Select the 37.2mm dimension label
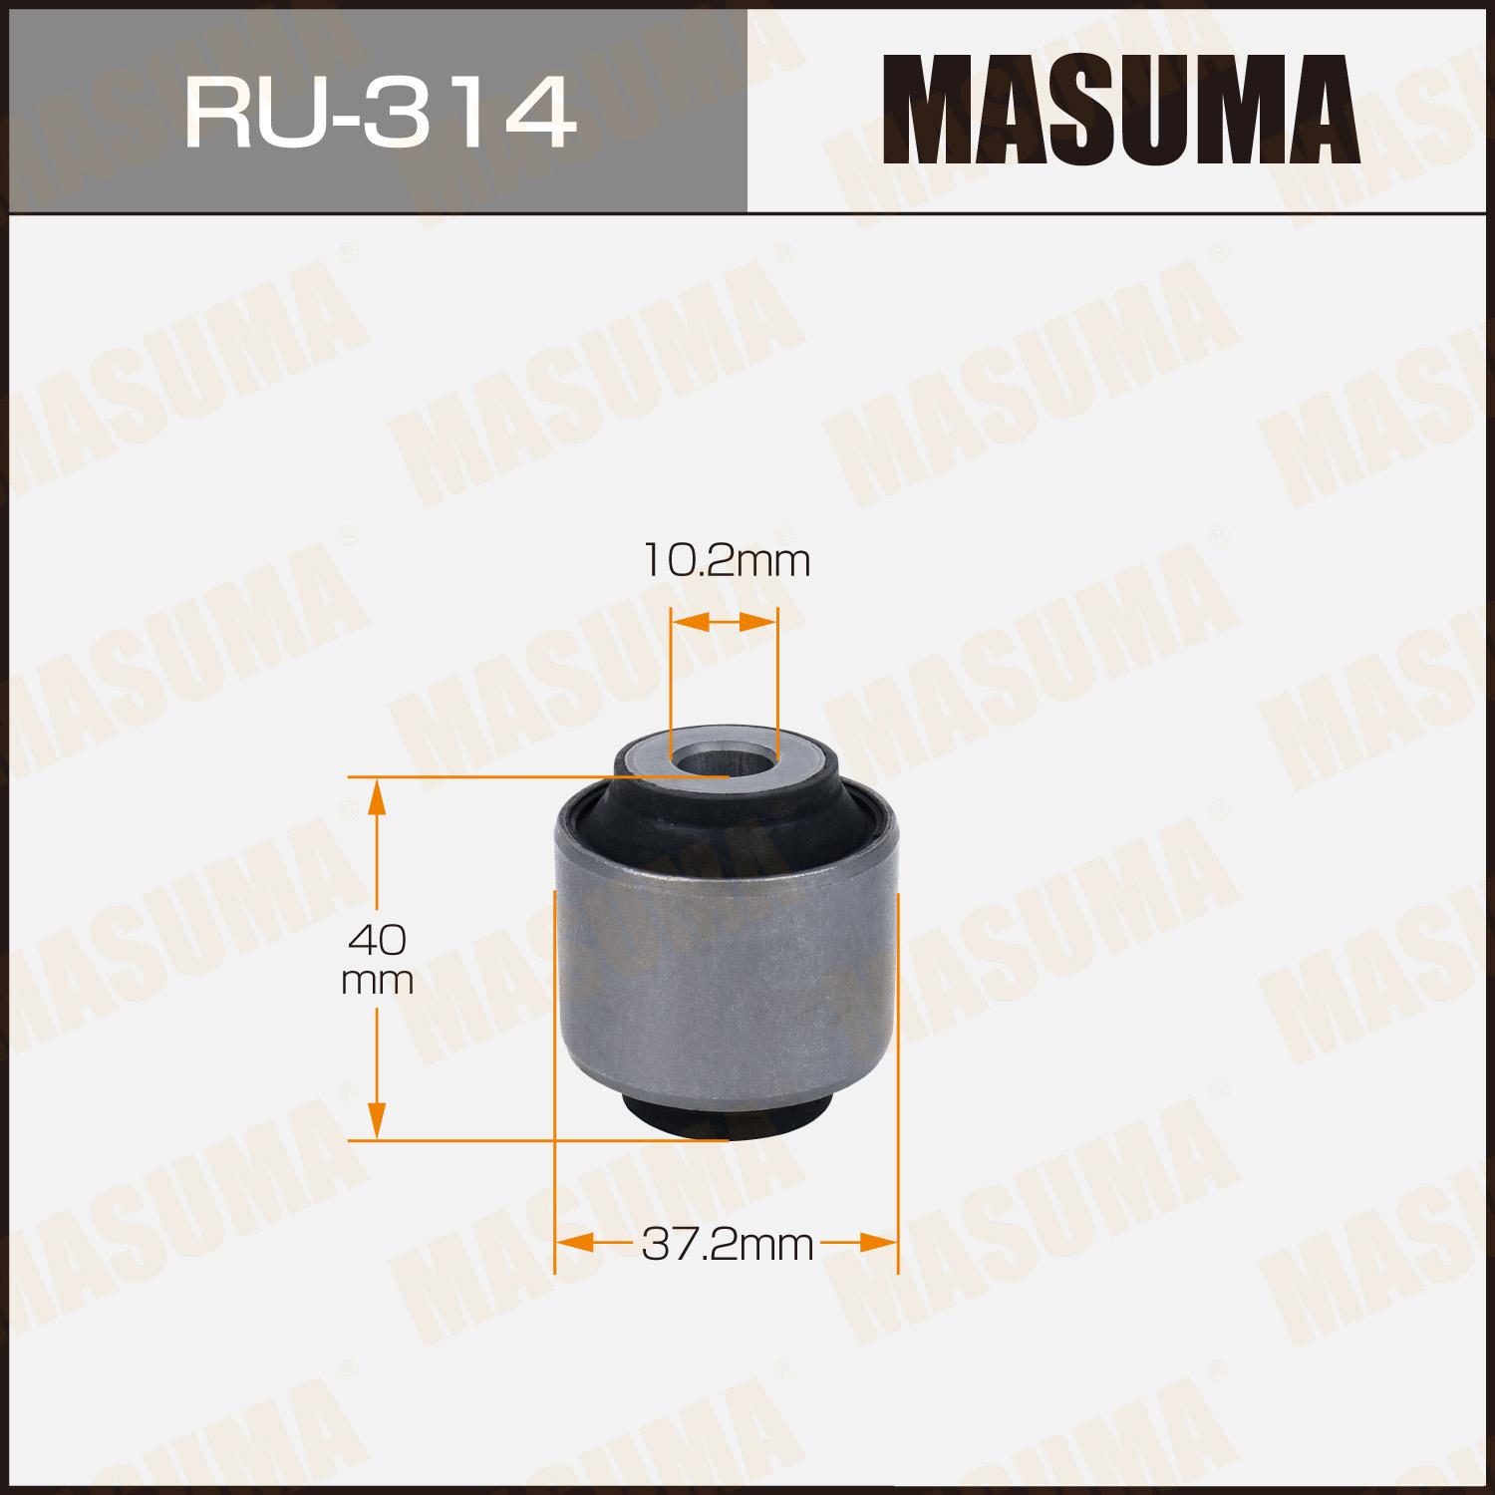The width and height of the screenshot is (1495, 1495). click(x=728, y=1244)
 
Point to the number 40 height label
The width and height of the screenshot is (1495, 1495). click(x=377, y=939)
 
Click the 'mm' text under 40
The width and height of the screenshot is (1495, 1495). click(x=377, y=983)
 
